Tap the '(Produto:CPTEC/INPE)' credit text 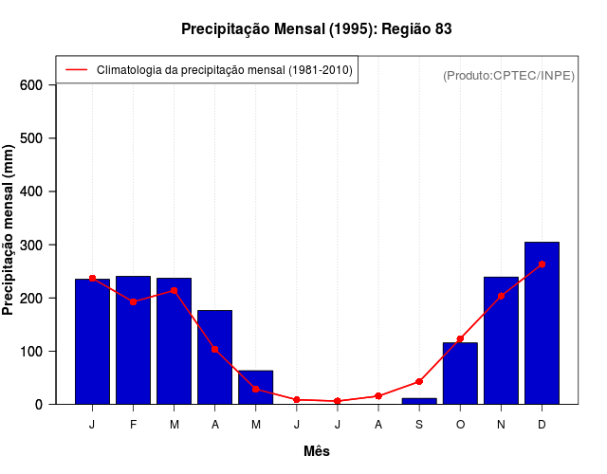pos(508,75)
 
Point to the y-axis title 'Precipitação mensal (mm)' pos(9,229)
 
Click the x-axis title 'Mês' pos(317,451)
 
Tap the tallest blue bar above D pos(542,322)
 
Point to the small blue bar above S pos(419,401)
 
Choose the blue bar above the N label pos(501,340)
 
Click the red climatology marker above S pos(419,381)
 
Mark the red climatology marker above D pos(542,264)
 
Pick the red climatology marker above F pos(133,301)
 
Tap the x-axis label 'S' pos(419,425)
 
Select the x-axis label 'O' pos(460,425)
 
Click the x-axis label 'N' pos(501,425)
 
